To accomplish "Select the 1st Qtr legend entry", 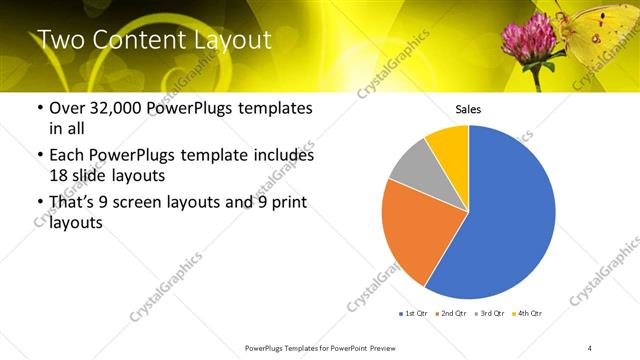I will tap(414, 315).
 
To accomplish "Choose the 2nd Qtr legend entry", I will tap(452, 315).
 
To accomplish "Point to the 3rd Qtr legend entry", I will tap(489, 315).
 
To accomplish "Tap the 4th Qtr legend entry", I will tap(526, 315).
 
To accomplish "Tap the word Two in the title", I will tap(61, 40).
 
